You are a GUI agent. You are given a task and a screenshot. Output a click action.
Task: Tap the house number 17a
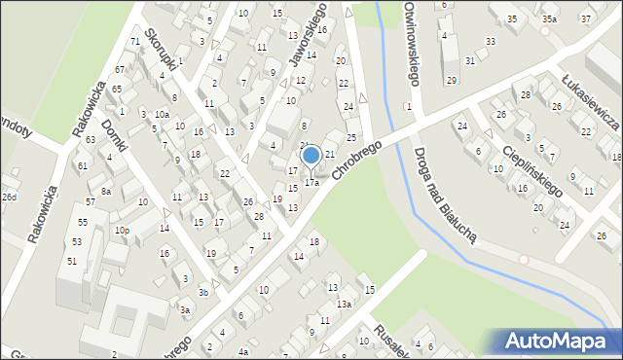click(311, 182)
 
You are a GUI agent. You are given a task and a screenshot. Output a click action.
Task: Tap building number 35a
click(550, 19)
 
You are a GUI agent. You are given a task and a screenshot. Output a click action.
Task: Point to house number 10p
click(122, 231)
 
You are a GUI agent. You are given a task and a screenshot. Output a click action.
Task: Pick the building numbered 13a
click(344, 304)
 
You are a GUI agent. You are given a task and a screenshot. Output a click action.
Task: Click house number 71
click(134, 42)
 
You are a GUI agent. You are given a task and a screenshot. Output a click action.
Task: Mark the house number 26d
click(9, 198)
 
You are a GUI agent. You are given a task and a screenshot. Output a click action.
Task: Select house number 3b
click(203, 292)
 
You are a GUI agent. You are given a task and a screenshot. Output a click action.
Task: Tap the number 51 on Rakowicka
click(71, 261)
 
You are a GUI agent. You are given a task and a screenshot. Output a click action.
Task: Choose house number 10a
click(162, 114)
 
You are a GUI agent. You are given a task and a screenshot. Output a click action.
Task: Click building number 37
click(585, 18)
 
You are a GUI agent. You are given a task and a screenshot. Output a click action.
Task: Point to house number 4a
click(243, 351)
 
